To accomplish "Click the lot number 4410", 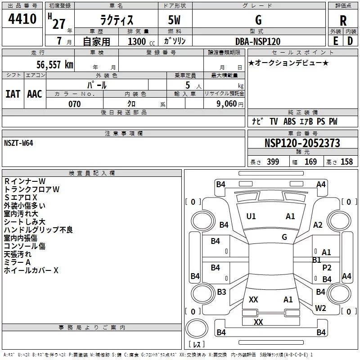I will (x=22, y=20).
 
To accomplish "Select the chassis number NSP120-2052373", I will (x=302, y=143).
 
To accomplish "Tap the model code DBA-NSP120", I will (x=258, y=41).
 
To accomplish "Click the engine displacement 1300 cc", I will (x=138, y=41).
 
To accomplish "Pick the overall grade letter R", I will (x=343, y=21).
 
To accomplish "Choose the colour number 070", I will (x=75, y=104).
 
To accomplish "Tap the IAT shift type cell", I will (x=13, y=94).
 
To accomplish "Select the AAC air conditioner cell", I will (x=35, y=94).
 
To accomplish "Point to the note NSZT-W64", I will (x=18, y=143).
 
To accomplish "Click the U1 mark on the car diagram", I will (x=251, y=216).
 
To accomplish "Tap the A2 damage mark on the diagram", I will (x=318, y=225).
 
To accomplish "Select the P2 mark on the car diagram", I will (x=327, y=268).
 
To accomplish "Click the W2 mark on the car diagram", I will (x=320, y=308).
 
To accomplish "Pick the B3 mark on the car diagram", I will (x=221, y=292).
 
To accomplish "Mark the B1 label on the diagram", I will (x=316, y=260).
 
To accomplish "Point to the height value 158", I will (x=346, y=162).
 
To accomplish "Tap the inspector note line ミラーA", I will (x=17, y=262).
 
